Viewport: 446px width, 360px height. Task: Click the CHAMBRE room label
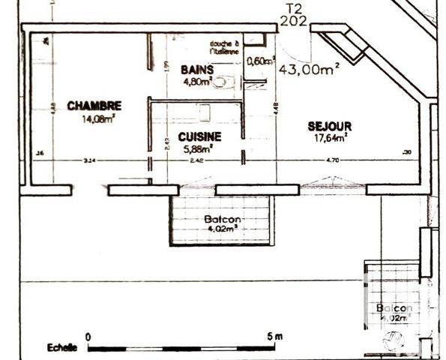(94, 106)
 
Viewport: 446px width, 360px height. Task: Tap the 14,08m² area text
(97, 117)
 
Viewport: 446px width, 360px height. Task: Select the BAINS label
(197, 70)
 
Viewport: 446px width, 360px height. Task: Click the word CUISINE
(199, 136)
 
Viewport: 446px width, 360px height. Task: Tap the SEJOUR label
(329, 126)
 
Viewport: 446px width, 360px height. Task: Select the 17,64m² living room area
(330, 137)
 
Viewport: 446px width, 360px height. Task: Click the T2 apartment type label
(295, 8)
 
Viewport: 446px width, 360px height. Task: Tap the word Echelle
(61, 348)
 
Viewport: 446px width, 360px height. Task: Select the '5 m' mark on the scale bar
(274, 337)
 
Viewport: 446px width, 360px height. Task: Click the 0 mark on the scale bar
(88, 337)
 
